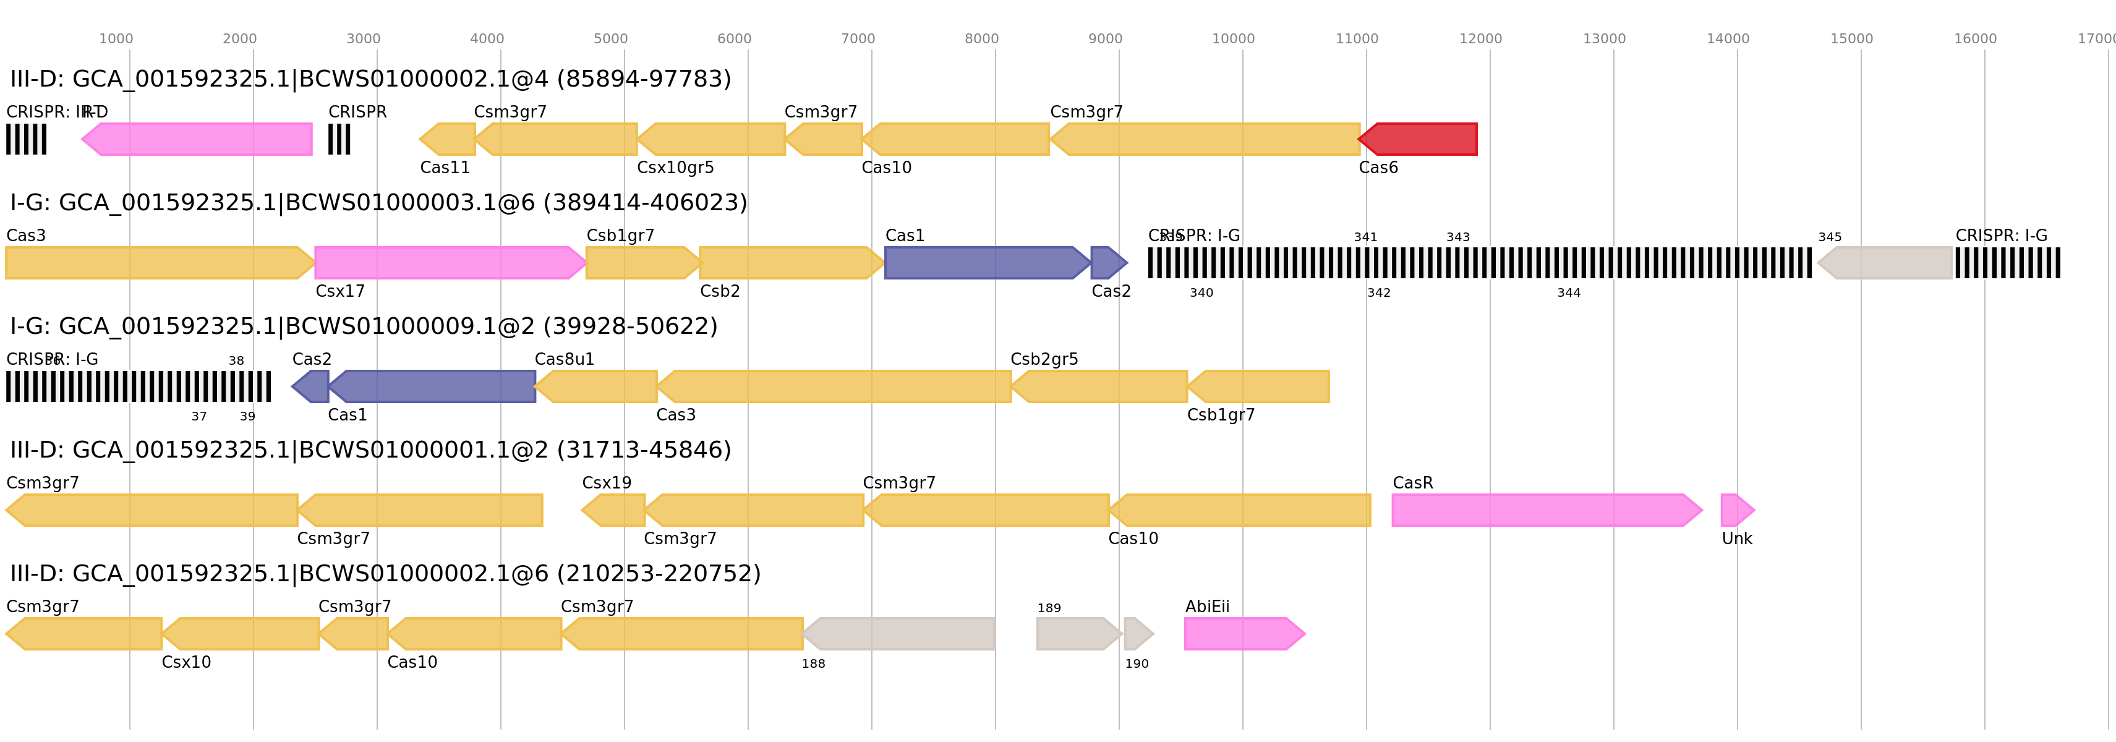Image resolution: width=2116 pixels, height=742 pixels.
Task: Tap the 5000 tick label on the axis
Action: click(610, 38)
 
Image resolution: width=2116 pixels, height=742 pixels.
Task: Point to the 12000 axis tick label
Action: click(1480, 38)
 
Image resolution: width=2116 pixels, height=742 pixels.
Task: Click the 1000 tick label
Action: click(116, 38)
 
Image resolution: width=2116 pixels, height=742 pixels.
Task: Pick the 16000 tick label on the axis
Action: click(1975, 38)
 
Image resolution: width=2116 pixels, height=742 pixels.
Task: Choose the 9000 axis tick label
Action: click(1105, 38)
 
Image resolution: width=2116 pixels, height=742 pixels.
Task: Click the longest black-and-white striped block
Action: click(1479, 263)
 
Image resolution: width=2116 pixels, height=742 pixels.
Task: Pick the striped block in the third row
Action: click(138, 386)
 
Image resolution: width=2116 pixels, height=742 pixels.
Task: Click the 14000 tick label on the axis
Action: click(1728, 38)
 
